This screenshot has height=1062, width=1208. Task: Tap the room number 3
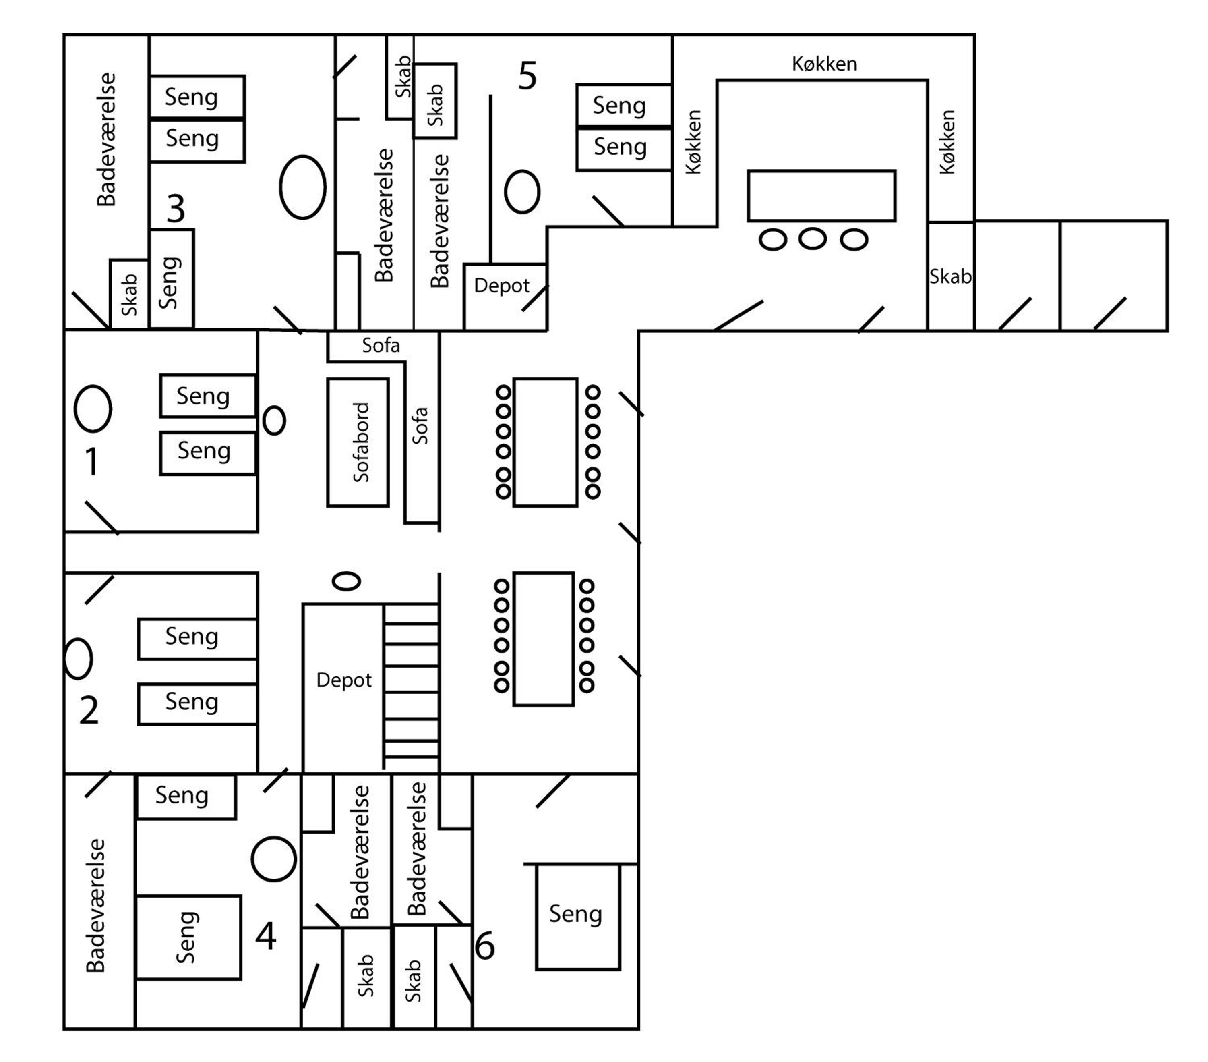176,209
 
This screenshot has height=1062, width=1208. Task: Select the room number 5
527,76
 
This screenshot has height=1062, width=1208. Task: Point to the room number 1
91,461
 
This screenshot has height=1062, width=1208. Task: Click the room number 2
89,710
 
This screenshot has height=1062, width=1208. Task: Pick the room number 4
266,935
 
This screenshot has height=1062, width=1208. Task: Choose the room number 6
485,946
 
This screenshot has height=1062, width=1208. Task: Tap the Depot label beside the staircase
344,680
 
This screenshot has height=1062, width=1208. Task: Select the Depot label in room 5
502,286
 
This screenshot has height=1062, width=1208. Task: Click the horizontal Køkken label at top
824,64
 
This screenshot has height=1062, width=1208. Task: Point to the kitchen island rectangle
821,196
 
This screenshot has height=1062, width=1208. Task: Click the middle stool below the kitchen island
813,238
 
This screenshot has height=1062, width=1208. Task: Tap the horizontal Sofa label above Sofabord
381,345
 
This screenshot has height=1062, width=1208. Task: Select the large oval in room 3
302,187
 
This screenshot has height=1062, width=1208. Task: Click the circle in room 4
274,859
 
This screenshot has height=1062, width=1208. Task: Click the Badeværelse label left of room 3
106,139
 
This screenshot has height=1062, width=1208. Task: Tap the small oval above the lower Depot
346,581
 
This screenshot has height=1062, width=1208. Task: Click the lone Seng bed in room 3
172,278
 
